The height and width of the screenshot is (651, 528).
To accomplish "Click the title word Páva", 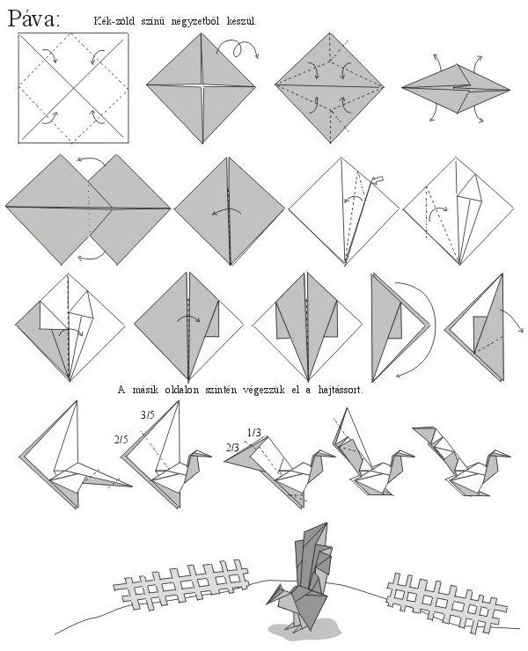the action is tap(34, 18).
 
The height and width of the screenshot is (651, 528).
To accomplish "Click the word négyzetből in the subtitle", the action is tap(194, 21).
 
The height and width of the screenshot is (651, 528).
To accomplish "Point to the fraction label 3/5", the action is tap(148, 414).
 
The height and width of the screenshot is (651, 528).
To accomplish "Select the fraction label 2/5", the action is tap(121, 440).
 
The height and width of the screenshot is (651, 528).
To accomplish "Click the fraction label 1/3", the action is tap(253, 433).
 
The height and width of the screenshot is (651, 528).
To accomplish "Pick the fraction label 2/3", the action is tap(232, 448).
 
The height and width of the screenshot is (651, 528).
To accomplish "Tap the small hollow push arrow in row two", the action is tap(377, 179).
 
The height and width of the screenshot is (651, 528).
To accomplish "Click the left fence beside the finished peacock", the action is tap(181, 584).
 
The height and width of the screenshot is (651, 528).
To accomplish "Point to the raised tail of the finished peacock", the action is tap(313, 552).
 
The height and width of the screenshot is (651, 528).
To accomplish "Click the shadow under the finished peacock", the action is tap(304, 629).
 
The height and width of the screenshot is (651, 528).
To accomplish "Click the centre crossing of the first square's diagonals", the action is tap(74, 88).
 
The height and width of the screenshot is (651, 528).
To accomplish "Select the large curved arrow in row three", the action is tap(425, 328).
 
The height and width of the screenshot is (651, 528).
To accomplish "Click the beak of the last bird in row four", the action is tap(505, 455).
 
